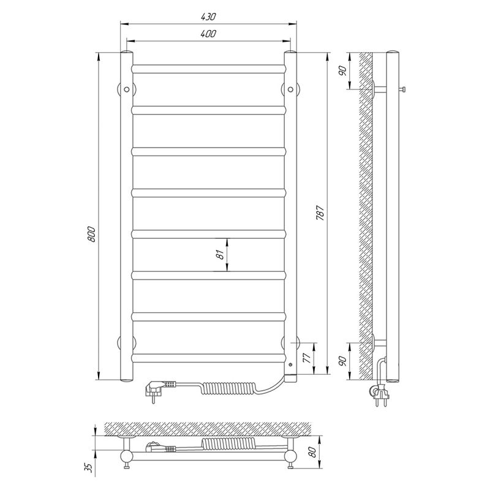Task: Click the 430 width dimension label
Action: (x=208, y=17)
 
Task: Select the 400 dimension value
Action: (x=208, y=34)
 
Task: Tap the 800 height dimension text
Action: (x=91, y=234)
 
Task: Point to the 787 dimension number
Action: (x=320, y=213)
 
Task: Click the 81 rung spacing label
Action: (x=221, y=254)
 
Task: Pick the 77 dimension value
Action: (x=307, y=358)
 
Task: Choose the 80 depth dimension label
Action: (x=312, y=452)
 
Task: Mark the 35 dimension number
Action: (x=89, y=467)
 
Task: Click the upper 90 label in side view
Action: (x=343, y=71)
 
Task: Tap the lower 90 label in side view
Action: (x=343, y=361)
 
